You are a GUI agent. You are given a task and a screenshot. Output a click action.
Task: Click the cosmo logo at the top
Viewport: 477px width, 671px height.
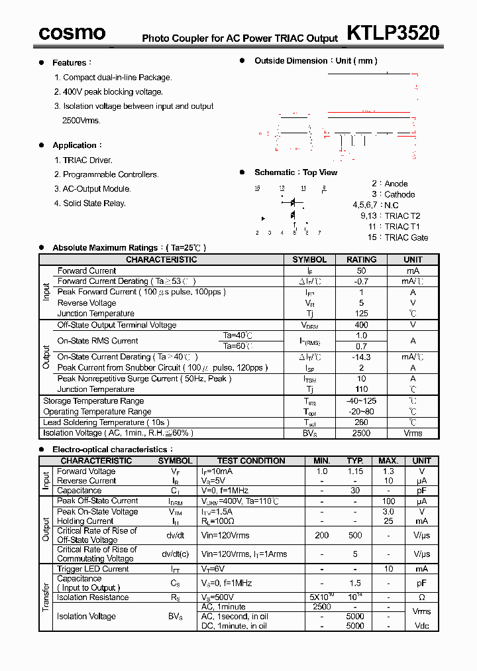72,32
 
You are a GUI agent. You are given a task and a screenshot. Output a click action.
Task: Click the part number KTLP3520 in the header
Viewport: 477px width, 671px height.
393,32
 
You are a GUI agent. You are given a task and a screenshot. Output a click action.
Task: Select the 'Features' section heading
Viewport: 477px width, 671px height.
69,63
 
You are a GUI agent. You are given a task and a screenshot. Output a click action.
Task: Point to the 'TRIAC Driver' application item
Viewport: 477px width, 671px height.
87,160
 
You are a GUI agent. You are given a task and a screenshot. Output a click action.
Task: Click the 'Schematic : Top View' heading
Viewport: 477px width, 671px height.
295,172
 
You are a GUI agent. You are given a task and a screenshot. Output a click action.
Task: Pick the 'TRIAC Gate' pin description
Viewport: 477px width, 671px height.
406,237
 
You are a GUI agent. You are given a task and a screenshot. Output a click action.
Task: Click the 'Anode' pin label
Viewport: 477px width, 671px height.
396,184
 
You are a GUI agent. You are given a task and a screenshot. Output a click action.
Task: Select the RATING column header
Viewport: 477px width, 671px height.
361,260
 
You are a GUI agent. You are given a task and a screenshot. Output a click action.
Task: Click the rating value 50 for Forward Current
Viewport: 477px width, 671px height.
361,271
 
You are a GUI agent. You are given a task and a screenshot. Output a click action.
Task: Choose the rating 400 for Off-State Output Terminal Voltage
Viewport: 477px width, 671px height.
361,326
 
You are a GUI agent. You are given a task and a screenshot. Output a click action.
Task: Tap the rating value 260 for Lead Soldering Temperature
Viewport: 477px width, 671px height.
361,422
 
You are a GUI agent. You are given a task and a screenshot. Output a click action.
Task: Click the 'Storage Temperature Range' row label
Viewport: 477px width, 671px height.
93,401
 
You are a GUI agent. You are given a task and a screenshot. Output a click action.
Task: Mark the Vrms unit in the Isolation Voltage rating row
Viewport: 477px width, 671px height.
413,433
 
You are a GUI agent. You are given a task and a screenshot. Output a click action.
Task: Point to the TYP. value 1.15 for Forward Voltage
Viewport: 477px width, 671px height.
355,471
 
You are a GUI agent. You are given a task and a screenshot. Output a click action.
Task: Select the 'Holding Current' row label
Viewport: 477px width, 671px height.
85,521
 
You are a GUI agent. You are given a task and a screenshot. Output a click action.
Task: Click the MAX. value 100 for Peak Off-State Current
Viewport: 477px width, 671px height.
388,501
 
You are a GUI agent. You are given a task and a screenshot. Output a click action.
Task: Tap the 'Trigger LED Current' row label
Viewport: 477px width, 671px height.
93,569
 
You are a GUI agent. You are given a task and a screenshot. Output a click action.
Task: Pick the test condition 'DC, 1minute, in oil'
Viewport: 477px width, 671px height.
234,626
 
